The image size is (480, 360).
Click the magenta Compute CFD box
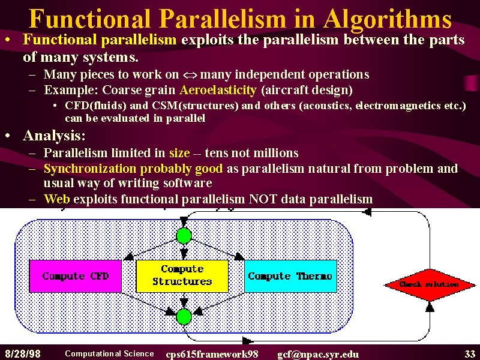click(76, 276)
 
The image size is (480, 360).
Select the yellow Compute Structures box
click(182, 276)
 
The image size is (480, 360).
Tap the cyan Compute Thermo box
click(290, 276)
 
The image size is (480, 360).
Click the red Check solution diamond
click(430, 284)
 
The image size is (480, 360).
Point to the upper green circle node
click(184, 236)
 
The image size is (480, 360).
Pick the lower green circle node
click(184, 317)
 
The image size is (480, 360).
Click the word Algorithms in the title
click(387, 20)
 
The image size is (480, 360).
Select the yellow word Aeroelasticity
click(218, 89)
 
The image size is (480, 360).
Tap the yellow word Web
click(57, 199)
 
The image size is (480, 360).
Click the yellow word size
click(179, 153)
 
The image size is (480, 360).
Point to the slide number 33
click(470, 354)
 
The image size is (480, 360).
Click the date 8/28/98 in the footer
click(23, 354)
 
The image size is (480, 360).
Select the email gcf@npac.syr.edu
click(318, 355)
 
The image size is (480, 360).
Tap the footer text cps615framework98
click(212, 355)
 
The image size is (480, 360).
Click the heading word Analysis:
click(54, 136)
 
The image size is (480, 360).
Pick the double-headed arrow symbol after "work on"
click(190, 75)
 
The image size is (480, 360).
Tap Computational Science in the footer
click(109, 353)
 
